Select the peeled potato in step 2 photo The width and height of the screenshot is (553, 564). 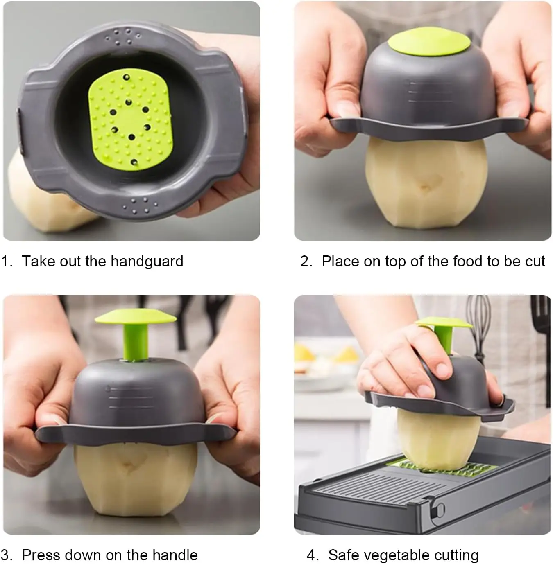click(x=426, y=184)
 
